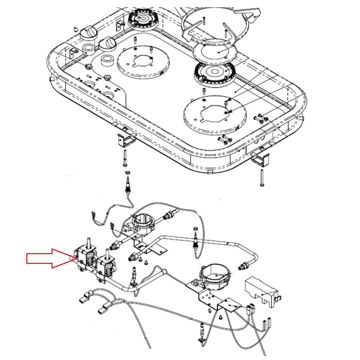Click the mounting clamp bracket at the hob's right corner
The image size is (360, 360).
click(x=260, y=158)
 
